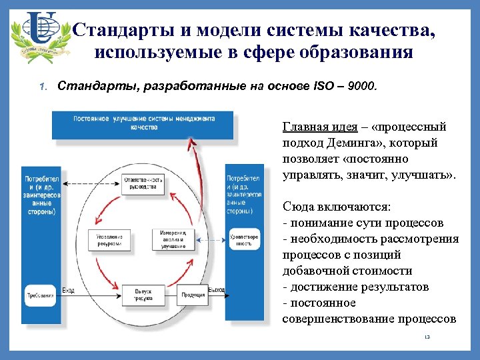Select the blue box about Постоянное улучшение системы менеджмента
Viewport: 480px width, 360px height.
(143, 122)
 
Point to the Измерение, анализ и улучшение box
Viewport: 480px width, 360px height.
(173, 239)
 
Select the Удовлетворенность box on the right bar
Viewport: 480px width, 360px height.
(244, 240)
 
